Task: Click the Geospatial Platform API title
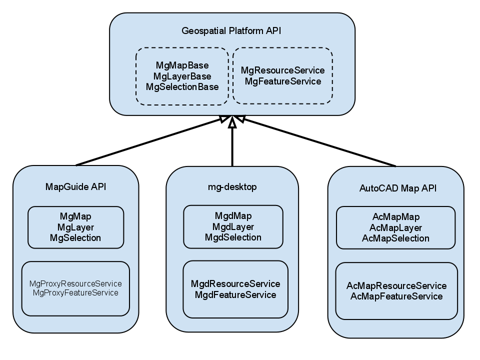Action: (x=231, y=31)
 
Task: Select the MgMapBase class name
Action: (x=182, y=65)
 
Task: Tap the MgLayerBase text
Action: (x=182, y=76)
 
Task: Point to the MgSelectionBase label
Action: (x=182, y=86)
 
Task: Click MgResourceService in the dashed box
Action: (x=282, y=70)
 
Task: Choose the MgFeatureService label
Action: (x=282, y=81)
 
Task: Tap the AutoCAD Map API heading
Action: (x=397, y=188)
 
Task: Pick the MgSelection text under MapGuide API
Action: (x=75, y=237)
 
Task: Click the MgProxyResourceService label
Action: (x=75, y=283)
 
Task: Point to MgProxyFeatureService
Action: (x=75, y=292)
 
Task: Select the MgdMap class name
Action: (x=233, y=216)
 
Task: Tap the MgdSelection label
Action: (x=233, y=237)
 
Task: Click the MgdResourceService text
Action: (x=235, y=284)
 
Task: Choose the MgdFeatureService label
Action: (x=235, y=294)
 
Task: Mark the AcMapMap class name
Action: (x=396, y=217)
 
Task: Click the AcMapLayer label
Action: (x=396, y=227)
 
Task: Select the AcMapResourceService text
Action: (x=396, y=286)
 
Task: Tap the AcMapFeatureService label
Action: (x=396, y=296)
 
